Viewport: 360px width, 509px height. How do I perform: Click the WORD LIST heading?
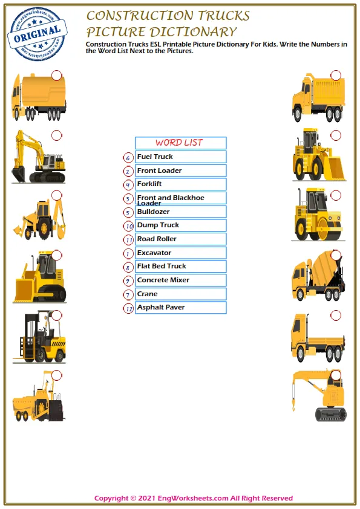click(x=180, y=143)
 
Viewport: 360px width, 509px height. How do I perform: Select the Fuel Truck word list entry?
click(x=180, y=157)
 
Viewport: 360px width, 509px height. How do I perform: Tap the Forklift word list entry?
click(x=180, y=184)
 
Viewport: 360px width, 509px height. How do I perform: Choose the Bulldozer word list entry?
click(x=180, y=212)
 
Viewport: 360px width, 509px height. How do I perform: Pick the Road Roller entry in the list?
click(x=180, y=239)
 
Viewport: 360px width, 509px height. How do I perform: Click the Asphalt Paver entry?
click(x=180, y=307)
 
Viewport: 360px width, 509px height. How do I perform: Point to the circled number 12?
click(x=128, y=308)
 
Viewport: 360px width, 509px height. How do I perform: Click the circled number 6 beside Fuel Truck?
click(x=128, y=158)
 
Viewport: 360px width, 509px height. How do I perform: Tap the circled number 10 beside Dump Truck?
click(x=128, y=226)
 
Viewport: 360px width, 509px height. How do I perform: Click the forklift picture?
click(x=40, y=339)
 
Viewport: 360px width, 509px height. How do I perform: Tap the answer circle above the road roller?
click(x=336, y=195)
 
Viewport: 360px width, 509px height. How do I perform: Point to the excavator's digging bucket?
click(x=18, y=175)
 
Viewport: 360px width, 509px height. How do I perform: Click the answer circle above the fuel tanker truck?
click(x=56, y=75)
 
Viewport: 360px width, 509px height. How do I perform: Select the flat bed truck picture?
click(x=317, y=339)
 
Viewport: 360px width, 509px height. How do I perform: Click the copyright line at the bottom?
click(x=194, y=498)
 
